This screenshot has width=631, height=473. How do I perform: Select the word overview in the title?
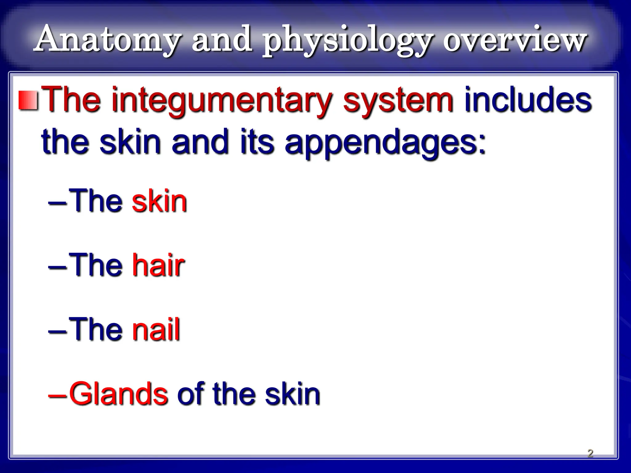515,40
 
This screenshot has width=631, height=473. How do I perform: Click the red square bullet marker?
28,100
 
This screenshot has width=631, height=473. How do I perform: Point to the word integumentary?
222,102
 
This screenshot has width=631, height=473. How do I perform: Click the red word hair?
158,265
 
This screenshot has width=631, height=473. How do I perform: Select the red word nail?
156,329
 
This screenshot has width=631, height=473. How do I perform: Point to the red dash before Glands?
57,396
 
